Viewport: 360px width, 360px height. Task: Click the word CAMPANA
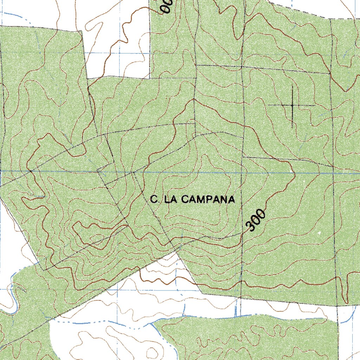[x=208, y=200]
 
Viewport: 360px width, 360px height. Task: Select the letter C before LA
[x=153, y=200]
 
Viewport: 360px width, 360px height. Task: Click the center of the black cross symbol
[x=292, y=105]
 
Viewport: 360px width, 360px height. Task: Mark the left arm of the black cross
[x=278, y=105]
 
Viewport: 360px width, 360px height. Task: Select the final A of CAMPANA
[x=231, y=200]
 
